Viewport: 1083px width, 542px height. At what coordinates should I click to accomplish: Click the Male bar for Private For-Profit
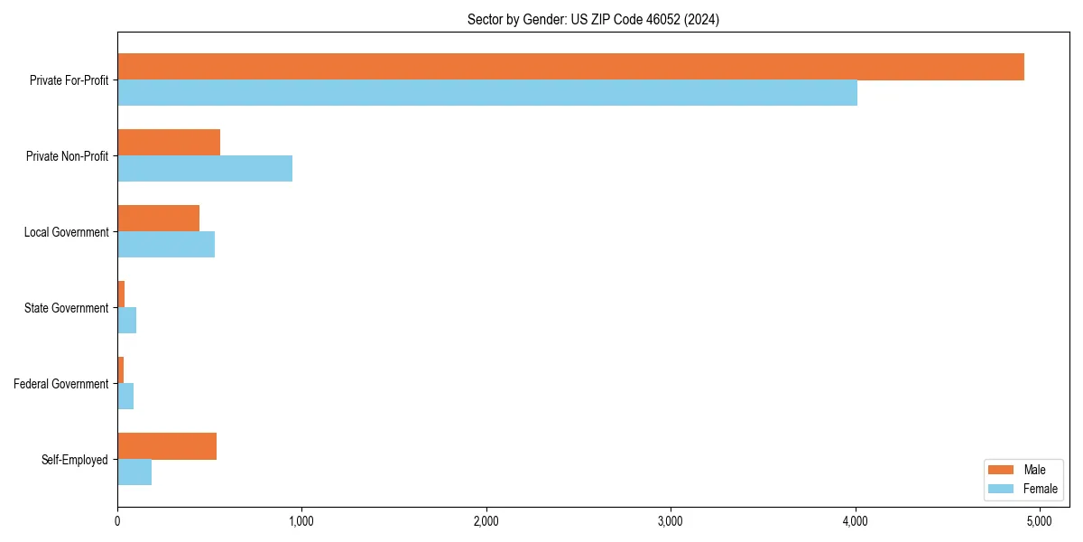(x=570, y=67)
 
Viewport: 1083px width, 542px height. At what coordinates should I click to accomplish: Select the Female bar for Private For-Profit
(x=487, y=93)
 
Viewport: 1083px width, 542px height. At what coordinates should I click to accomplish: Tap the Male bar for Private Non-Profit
(x=169, y=143)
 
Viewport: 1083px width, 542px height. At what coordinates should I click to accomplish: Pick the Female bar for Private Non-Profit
(x=205, y=169)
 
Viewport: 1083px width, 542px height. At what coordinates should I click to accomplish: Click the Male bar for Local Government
(x=159, y=219)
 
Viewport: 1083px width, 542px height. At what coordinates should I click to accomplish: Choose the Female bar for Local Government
(x=166, y=245)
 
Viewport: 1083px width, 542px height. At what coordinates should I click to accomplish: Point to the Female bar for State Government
(x=127, y=321)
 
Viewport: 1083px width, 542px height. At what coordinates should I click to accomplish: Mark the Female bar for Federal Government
(x=125, y=397)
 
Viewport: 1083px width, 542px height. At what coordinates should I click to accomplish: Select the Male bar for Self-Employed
(x=167, y=446)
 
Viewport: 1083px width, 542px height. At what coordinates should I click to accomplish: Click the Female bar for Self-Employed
(x=134, y=472)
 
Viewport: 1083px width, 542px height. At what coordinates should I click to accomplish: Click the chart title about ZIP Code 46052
(x=593, y=19)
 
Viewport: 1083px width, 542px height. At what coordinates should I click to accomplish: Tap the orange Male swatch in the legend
(x=1001, y=470)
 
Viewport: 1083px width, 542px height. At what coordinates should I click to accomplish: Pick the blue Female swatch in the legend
(x=1001, y=489)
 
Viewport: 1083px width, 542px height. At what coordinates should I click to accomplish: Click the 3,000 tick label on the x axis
(x=671, y=521)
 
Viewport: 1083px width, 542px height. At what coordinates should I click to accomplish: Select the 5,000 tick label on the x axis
(x=1040, y=521)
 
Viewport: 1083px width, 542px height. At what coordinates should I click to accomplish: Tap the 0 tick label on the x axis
(x=117, y=521)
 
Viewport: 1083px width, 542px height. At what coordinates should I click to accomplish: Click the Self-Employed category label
(x=75, y=460)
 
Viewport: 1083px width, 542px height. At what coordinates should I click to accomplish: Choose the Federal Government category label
(x=61, y=384)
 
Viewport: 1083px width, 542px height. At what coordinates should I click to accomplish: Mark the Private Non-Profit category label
(x=68, y=156)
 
